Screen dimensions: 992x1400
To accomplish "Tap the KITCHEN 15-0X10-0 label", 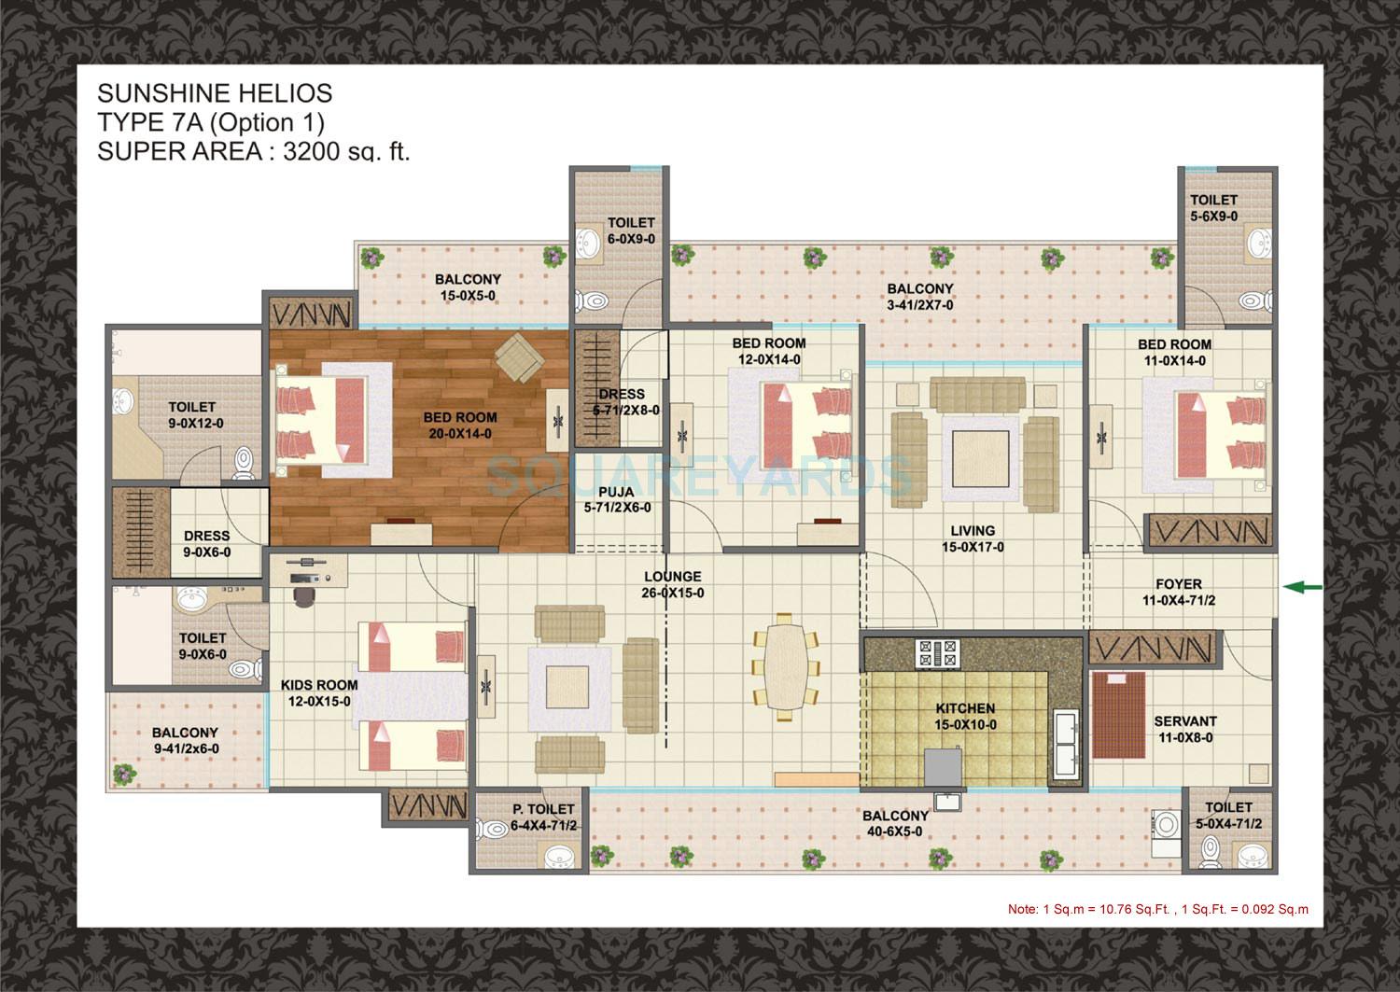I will (966, 717).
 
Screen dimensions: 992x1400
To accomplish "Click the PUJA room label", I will (617, 499).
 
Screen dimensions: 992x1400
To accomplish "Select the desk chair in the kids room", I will (303, 594).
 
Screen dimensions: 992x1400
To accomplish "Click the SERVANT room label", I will (1184, 729).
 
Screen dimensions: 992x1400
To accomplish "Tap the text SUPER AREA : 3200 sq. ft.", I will (254, 152).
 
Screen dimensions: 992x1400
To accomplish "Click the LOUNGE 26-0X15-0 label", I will (672, 584).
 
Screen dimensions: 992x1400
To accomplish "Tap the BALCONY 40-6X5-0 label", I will (895, 824).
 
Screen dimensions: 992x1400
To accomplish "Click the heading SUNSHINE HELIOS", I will (215, 93).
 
